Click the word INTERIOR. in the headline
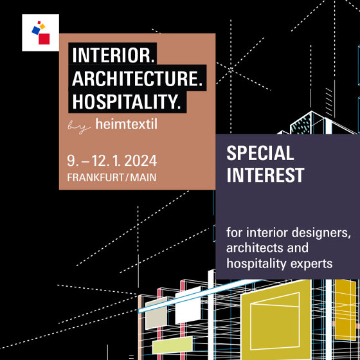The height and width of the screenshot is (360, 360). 113,55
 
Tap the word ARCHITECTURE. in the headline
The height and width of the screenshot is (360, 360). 138,78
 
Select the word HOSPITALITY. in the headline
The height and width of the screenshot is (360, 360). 127,102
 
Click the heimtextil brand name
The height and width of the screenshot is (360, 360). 126,124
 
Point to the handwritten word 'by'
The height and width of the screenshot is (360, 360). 79,127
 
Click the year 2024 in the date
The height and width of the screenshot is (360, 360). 141,161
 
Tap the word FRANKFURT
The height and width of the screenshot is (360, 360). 96,177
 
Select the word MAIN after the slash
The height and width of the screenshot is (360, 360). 143,177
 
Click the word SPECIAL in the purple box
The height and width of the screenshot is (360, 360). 260,153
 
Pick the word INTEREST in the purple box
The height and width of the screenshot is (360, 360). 265,175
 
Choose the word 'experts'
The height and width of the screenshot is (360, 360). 311,264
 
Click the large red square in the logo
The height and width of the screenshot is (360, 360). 44,39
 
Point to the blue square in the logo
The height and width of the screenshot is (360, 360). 36,30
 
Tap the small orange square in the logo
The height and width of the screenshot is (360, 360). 42,26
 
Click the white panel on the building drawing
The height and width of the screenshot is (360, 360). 188,305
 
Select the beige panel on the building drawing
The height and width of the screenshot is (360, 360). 156,312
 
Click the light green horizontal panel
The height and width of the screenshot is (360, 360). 172,345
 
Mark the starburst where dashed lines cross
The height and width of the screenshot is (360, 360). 231,69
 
